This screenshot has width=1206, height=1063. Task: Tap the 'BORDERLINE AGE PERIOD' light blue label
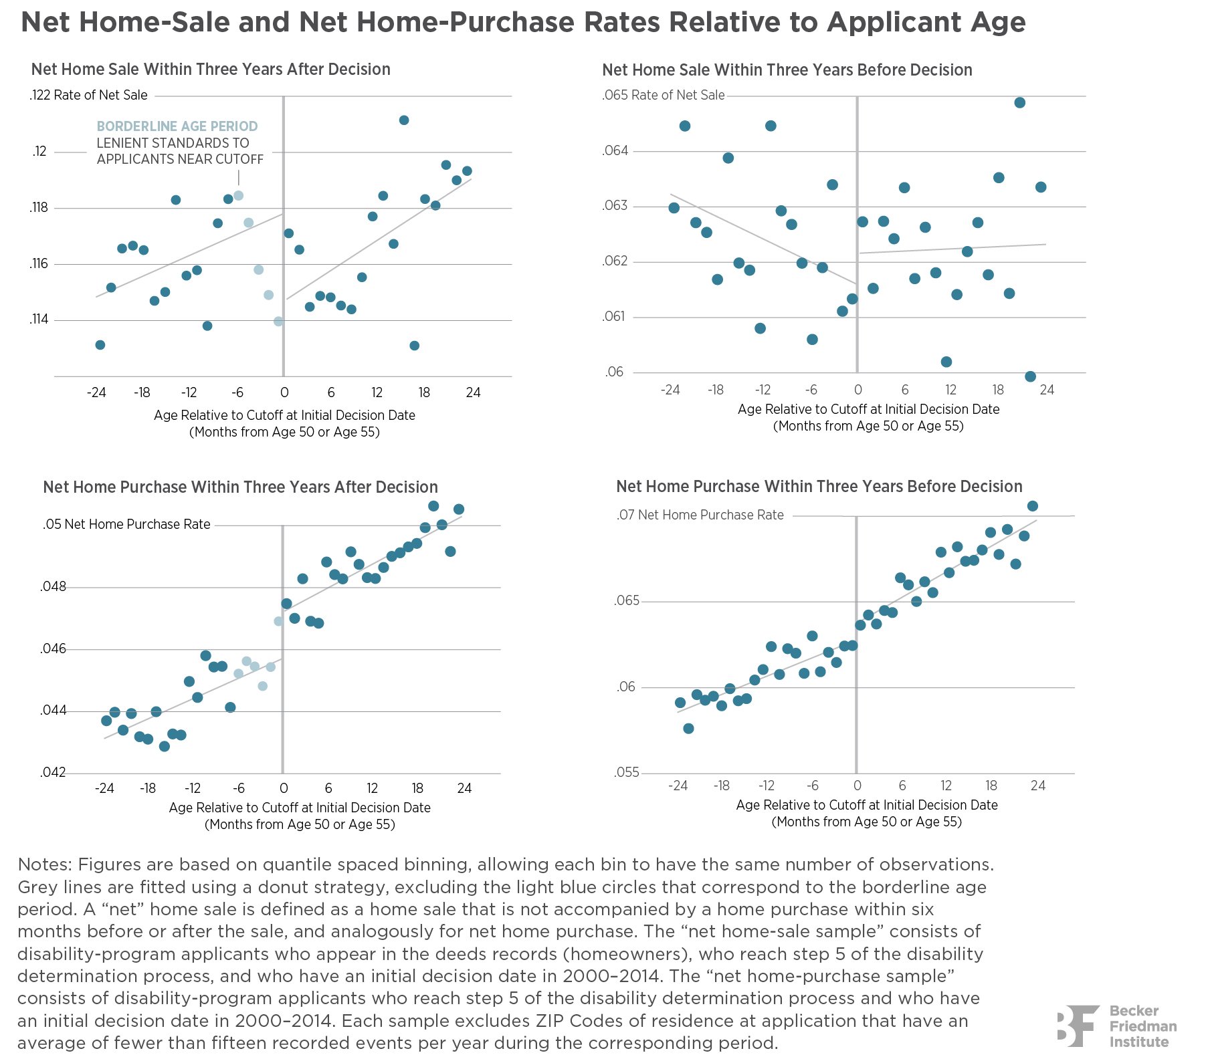[177, 126]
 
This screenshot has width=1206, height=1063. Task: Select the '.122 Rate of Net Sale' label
[89, 96]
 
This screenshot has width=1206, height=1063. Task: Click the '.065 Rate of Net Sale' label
[664, 96]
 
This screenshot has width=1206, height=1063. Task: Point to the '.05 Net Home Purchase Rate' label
[127, 525]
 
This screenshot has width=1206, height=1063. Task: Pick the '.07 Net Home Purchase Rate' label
[700, 515]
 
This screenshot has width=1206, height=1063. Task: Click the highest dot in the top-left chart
[404, 120]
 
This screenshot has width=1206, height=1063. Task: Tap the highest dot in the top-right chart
[1020, 103]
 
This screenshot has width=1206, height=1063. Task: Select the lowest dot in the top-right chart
[1030, 376]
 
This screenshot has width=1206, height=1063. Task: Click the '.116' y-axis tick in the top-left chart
[39, 264]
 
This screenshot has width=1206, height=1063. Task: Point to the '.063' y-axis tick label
[615, 206]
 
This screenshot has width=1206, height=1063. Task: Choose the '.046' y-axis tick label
[54, 649]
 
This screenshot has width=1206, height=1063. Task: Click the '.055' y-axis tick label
[627, 774]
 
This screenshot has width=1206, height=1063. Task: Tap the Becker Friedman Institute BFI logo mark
[1078, 1026]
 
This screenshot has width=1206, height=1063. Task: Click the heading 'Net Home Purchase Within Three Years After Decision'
[240, 487]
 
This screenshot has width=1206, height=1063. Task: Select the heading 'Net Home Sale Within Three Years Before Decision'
[787, 70]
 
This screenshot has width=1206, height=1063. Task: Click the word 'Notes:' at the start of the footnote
[44, 864]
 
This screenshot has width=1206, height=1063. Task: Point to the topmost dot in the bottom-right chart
[1032, 506]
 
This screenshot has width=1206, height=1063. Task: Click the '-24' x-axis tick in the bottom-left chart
[104, 789]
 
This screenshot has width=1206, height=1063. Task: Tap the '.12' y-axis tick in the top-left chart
[40, 152]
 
